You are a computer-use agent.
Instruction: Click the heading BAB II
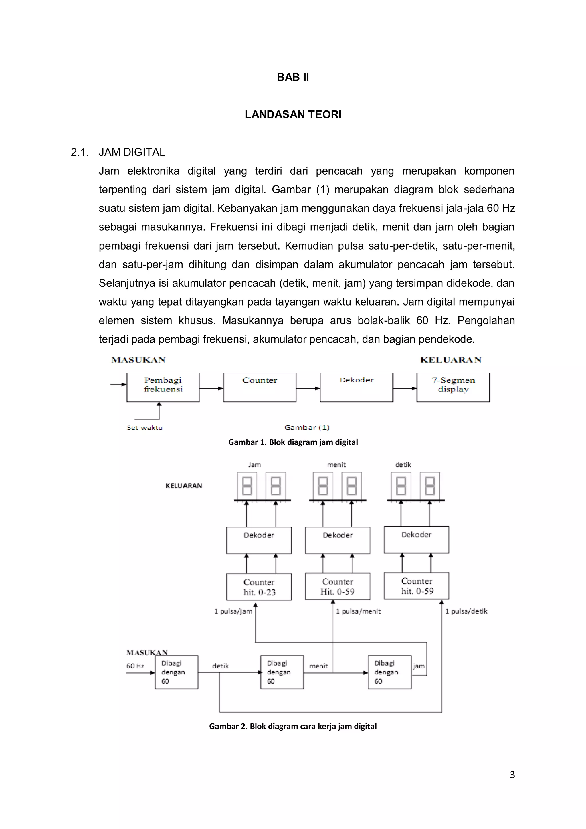coord(293,77)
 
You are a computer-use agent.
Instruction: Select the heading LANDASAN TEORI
coord(293,114)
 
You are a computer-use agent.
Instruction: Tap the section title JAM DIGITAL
coord(132,152)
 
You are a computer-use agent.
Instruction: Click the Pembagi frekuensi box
coord(163,387)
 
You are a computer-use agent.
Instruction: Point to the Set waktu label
coord(144,428)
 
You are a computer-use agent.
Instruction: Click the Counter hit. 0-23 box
coord(259,587)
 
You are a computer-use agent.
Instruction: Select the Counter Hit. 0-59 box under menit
coord(338,586)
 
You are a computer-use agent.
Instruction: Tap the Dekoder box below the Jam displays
coord(259,540)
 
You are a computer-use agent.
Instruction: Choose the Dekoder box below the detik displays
coord(416,540)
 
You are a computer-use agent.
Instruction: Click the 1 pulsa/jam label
coord(233,611)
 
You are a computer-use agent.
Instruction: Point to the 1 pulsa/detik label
coord(466,611)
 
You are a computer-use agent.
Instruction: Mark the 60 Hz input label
coord(135,666)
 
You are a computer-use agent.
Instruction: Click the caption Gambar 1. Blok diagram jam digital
coord(293,442)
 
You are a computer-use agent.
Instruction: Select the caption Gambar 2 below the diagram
coord(293,726)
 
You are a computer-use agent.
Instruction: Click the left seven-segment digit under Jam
coord(247,486)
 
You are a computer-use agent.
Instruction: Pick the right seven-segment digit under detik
coord(430,486)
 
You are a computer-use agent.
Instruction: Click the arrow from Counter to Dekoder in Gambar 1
coord(308,389)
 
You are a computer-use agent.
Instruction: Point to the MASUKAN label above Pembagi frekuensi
coord(138,360)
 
